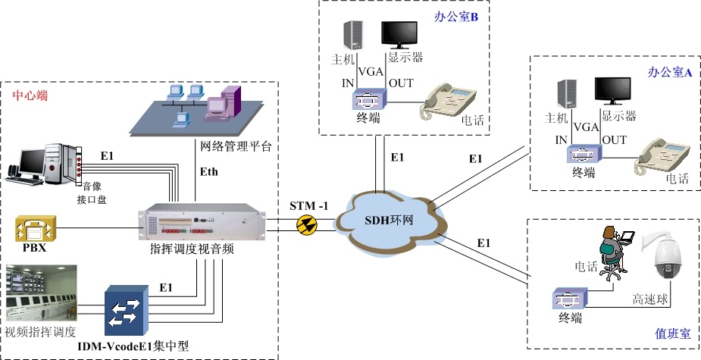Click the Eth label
pyautogui.click(x=208, y=172)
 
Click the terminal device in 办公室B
pyautogui.click(x=368, y=98)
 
